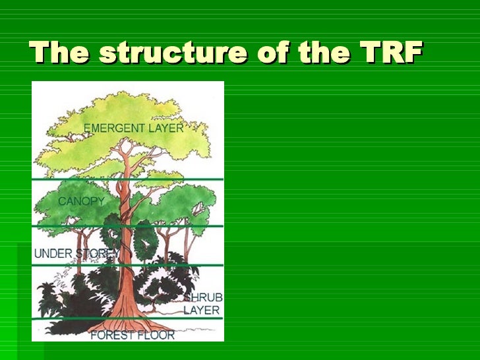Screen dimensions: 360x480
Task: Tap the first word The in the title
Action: pyautogui.click(x=59, y=53)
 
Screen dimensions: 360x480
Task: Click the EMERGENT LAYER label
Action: pyautogui.click(x=133, y=128)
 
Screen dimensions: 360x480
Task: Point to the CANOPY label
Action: pyautogui.click(x=82, y=201)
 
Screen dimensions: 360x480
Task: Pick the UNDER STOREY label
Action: pyautogui.click(x=76, y=253)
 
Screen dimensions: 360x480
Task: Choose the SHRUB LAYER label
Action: pyautogui.click(x=202, y=303)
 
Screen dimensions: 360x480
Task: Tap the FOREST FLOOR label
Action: pyautogui.click(x=133, y=335)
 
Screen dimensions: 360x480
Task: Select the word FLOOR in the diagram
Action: pyautogui.click(x=158, y=335)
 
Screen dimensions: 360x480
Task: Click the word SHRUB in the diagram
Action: pyautogui.click(x=204, y=298)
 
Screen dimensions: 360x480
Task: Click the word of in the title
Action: pyautogui.click(x=244, y=53)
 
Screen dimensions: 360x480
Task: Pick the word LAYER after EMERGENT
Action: pyautogui.click(x=164, y=128)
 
